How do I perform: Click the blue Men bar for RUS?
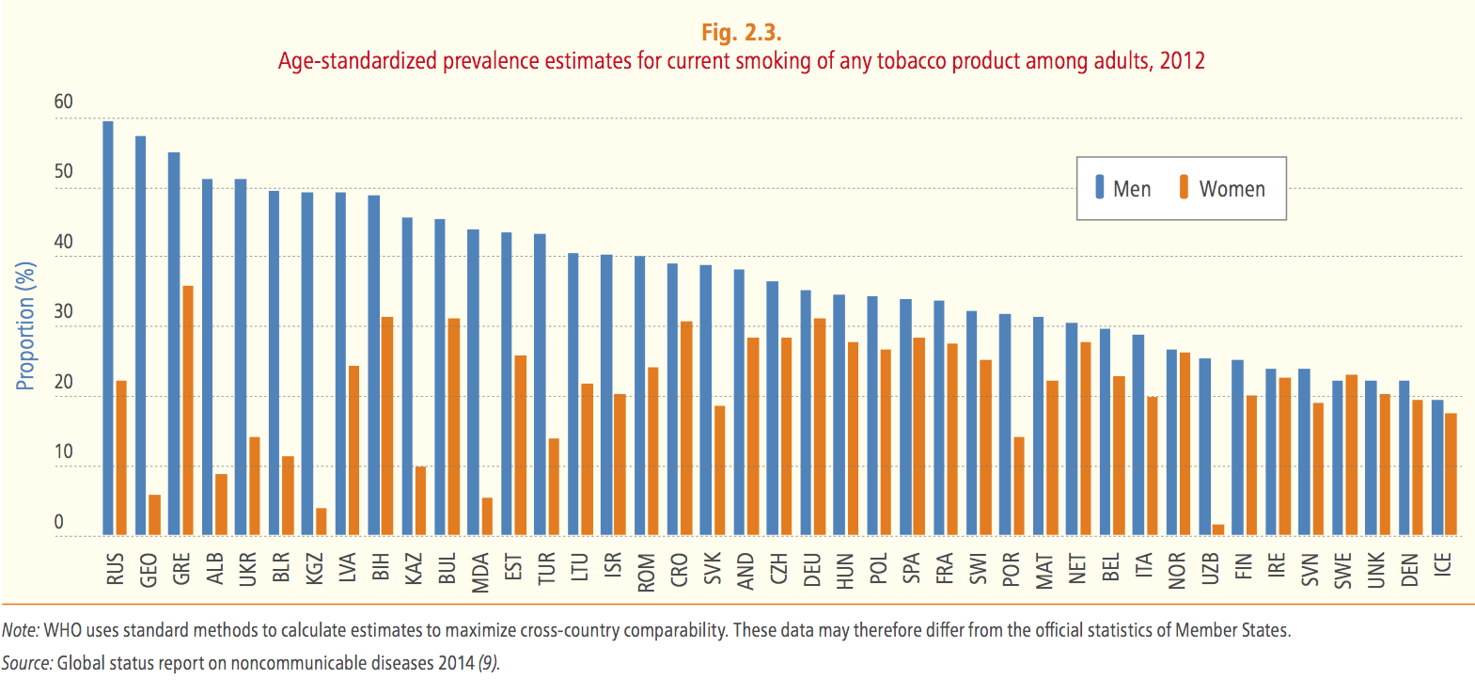tap(108, 328)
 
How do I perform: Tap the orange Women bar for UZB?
tap(1218, 530)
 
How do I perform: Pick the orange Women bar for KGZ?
tap(322, 522)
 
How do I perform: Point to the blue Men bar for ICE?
tap(1437, 467)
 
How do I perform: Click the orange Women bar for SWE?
tap(1352, 455)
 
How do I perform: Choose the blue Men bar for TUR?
tap(540, 385)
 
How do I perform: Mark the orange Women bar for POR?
tap(1019, 486)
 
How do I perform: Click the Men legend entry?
tap(1122, 189)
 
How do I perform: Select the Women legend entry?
tap(1222, 189)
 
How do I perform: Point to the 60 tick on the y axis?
tap(63, 102)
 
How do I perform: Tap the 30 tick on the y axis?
tap(63, 311)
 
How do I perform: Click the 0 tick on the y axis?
tap(58, 522)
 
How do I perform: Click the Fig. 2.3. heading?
tap(741, 33)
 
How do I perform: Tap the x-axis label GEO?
tap(149, 570)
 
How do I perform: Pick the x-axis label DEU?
tap(812, 570)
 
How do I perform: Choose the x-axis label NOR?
tap(1177, 571)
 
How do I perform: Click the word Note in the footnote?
tap(19, 630)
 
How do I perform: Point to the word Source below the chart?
tap(26, 663)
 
